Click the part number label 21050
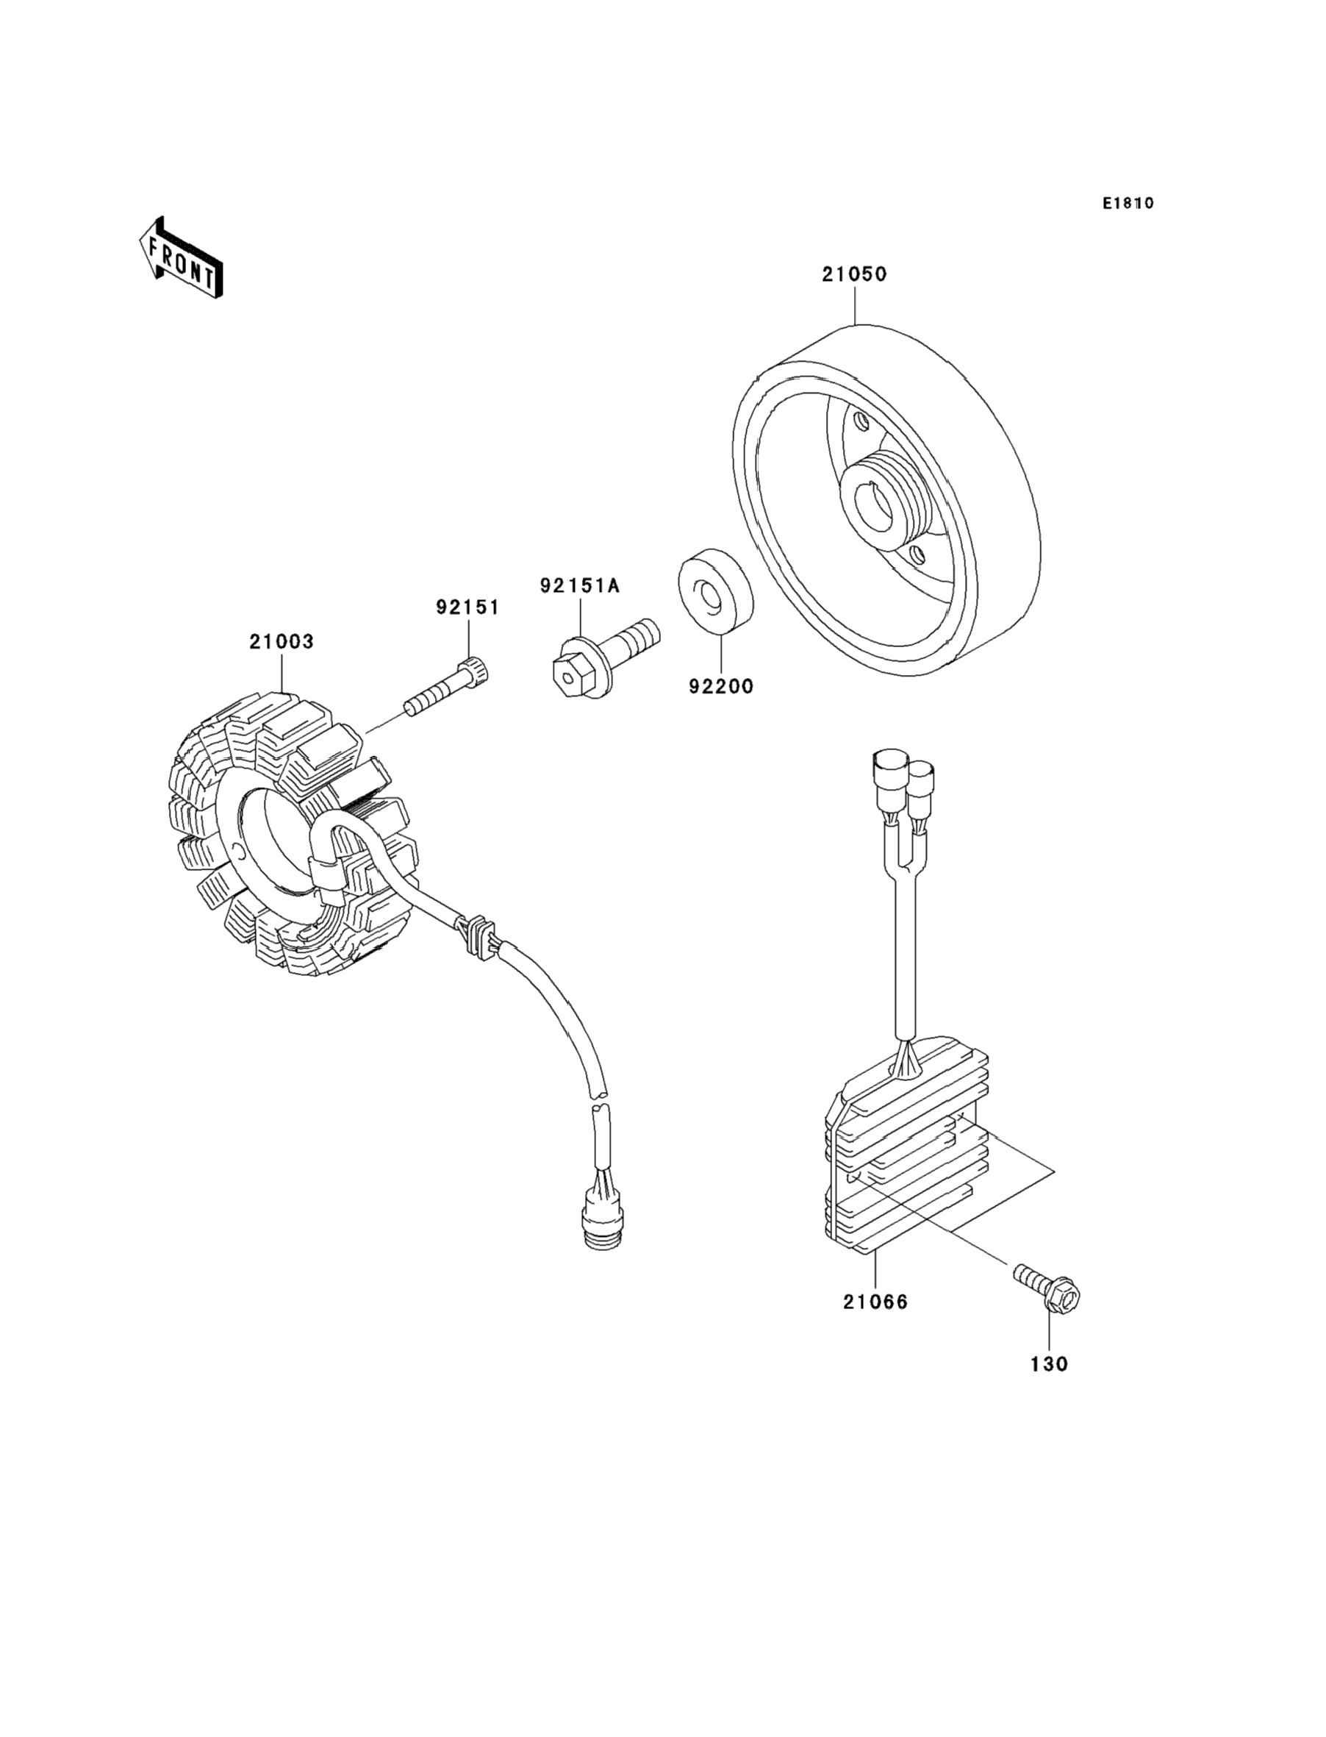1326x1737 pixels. [x=854, y=275]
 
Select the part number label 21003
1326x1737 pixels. [x=282, y=642]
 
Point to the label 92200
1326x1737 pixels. [x=720, y=687]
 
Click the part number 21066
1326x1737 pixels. [x=875, y=1302]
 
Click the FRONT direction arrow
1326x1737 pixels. [x=181, y=260]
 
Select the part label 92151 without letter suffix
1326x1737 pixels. [x=468, y=607]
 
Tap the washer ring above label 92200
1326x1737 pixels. [x=715, y=592]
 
